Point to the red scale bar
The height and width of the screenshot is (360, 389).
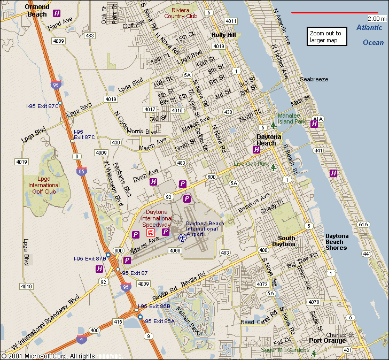tap(334, 12)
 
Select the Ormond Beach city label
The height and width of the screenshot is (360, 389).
tap(37, 10)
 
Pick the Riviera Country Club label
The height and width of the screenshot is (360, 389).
tap(181, 13)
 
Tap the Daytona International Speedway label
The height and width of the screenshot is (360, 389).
tap(157, 218)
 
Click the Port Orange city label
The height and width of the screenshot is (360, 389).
tap(327, 341)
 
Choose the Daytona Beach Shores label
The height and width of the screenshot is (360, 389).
tap(344, 242)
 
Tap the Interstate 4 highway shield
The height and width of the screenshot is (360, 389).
tap(81, 339)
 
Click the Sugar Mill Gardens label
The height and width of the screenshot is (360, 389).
tap(285, 350)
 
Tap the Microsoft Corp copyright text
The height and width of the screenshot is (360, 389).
tap(48, 356)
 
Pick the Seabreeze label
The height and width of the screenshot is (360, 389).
tap(314, 79)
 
